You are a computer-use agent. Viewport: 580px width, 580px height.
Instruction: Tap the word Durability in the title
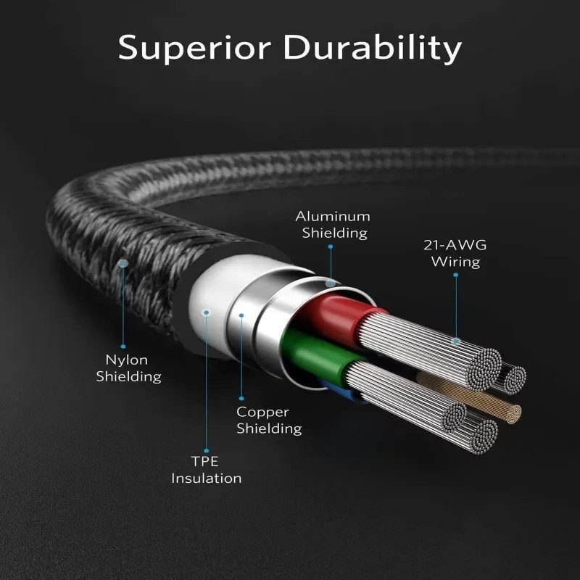372,48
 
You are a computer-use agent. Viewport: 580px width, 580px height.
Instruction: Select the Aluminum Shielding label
333,224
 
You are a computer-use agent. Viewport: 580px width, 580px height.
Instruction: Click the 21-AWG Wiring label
455,253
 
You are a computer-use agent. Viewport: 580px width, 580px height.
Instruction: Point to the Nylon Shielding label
128,368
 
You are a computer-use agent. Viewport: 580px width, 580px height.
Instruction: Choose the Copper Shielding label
268,420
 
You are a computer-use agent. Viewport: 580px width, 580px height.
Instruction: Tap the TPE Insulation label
206,470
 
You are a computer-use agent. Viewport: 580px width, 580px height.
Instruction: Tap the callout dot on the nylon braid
123,266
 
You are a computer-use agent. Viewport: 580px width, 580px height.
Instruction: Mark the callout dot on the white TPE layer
207,312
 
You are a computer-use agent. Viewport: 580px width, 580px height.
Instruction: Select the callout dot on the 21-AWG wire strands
456,339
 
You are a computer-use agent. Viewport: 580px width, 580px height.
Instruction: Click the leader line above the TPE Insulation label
207,384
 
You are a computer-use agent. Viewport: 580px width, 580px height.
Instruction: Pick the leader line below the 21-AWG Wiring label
456,304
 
